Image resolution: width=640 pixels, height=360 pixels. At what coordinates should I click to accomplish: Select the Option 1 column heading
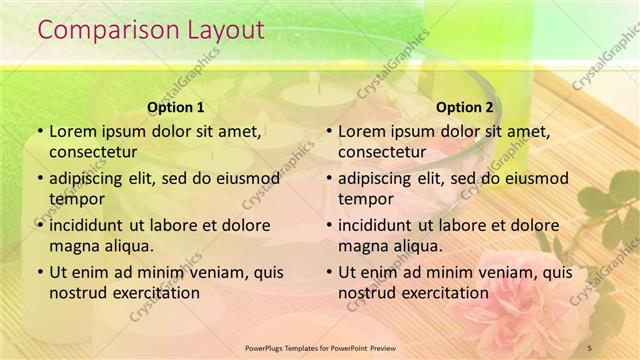(175, 107)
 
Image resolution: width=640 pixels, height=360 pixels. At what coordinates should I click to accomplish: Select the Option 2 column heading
(465, 107)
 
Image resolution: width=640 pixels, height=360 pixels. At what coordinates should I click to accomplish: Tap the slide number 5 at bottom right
(590, 346)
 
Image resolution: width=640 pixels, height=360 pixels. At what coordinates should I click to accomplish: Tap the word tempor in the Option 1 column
(77, 199)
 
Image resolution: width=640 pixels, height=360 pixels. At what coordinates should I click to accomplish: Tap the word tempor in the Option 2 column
(366, 199)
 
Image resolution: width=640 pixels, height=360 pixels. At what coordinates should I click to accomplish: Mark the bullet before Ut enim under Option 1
(39, 272)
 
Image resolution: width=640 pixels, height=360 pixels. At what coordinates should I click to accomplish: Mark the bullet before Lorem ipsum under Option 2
(328, 131)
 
